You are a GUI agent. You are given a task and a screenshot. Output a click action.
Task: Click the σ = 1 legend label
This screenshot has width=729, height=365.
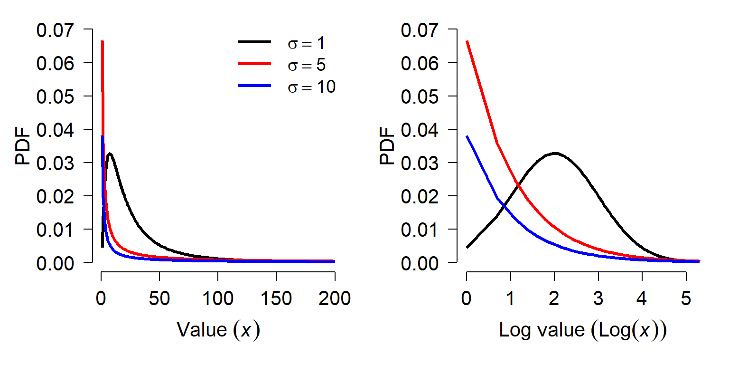pyautogui.click(x=306, y=43)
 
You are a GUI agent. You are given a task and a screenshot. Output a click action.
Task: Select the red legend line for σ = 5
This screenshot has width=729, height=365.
pyautogui.click(x=254, y=64)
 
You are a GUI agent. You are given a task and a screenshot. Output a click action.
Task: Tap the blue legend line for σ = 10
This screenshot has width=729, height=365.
pyautogui.click(x=254, y=86)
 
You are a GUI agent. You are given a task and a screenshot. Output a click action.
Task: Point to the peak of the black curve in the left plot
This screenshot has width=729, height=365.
pyautogui.click(x=110, y=153)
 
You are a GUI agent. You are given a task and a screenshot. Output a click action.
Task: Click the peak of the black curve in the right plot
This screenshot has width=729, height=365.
pyautogui.click(x=555, y=153)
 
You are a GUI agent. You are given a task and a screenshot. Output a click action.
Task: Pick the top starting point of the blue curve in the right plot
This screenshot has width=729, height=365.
pyautogui.click(x=467, y=136)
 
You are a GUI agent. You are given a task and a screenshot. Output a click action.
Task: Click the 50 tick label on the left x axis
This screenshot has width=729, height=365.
pyautogui.click(x=159, y=298)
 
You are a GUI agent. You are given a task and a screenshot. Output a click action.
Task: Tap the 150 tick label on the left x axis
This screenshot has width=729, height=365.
pyautogui.click(x=276, y=298)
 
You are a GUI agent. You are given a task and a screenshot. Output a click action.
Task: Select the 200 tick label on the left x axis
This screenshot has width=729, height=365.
pyautogui.click(x=335, y=298)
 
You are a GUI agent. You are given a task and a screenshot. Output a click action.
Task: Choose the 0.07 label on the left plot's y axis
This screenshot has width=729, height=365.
pyautogui.click(x=56, y=30)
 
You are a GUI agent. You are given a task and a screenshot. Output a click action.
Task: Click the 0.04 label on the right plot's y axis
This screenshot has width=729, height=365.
pyautogui.click(x=420, y=130)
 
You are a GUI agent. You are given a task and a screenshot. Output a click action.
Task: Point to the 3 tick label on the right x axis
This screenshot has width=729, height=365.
pyautogui.click(x=598, y=298)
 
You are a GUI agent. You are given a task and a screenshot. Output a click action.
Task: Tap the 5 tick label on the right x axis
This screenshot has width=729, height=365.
pyautogui.click(x=686, y=298)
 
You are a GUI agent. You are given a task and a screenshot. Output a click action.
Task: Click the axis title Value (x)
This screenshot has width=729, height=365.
pyautogui.click(x=218, y=330)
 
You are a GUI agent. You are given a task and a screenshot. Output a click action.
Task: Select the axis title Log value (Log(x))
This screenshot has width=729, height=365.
pyautogui.click(x=583, y=330)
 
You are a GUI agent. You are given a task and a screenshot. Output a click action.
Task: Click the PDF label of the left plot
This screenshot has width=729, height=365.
pyautogui.click(x=22, y=146)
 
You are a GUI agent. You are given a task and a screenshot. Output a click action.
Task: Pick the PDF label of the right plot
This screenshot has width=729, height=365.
pyautogui.click(x=387, y=146)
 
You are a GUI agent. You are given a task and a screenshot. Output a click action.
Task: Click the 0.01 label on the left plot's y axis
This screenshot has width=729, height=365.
pyautogui.click(x=56, y=230)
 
